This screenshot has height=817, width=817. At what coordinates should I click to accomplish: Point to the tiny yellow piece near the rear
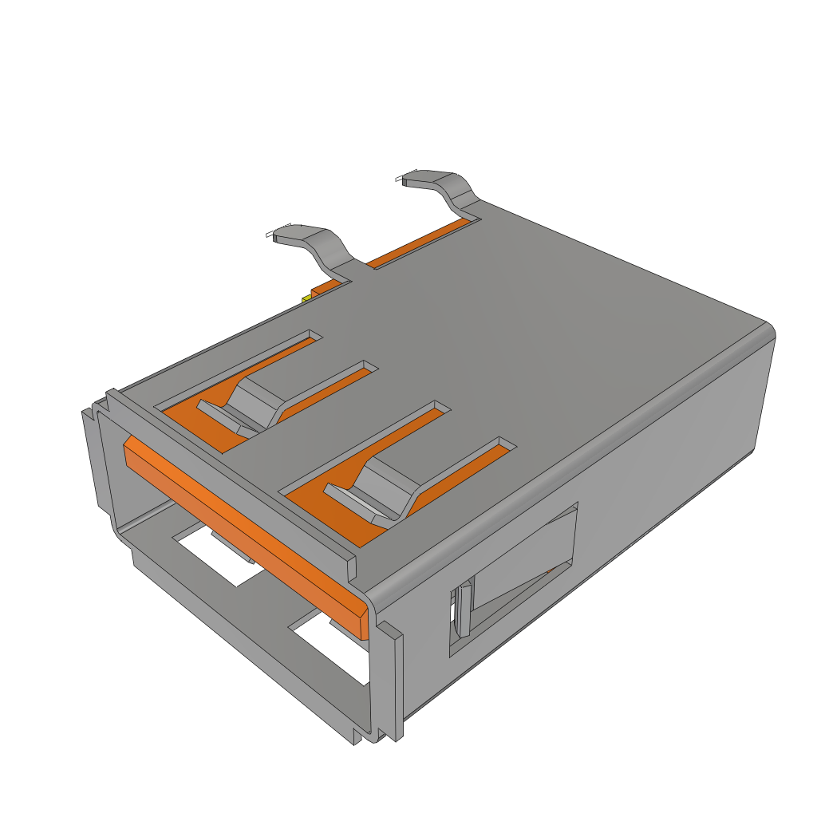click(306, 298)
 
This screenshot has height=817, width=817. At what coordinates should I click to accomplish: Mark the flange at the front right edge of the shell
click(394, 678)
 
